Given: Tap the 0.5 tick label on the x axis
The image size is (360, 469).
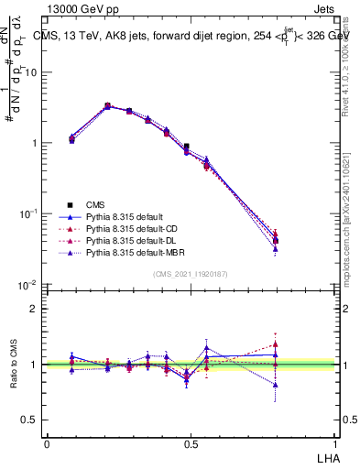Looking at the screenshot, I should click(x=191, y=443).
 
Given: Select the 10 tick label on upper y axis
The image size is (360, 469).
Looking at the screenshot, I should click(x=33, y=72).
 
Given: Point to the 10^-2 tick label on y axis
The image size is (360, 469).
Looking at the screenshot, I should click(x=31, y=285).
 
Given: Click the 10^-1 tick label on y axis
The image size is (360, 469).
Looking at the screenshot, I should click(x=31, y=213).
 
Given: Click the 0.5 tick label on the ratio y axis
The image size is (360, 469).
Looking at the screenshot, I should click(x=32, y=420).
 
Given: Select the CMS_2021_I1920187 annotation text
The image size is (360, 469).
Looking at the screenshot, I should click(x=191, y=274).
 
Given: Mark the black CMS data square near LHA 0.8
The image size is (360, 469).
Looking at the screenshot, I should click(x=301, y=241).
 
